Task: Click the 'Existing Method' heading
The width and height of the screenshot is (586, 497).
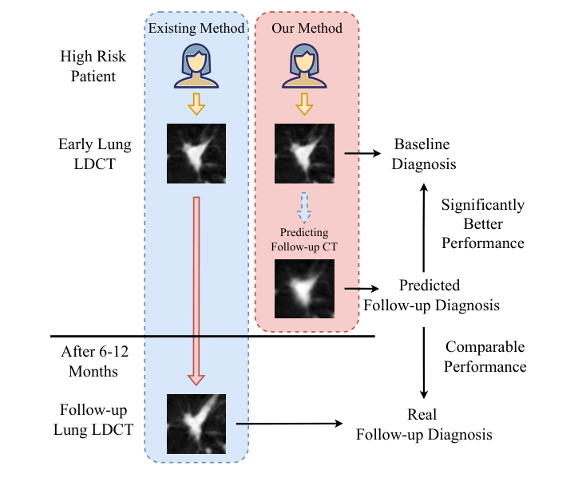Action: [x=196, y=29]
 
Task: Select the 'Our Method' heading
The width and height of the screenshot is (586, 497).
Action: [x=307, y=29]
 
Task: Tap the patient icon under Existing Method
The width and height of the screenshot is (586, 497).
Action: [x=196, y=65]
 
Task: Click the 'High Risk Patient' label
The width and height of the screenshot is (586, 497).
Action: [x=88, y=66]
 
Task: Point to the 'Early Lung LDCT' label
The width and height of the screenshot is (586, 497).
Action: [x=88, y=154]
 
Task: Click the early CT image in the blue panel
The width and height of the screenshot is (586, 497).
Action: [x=196, y=154]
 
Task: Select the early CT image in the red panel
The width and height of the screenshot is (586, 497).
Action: [x=304, y=154]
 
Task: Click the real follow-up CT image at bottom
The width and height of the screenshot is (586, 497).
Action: [x=196, y=424]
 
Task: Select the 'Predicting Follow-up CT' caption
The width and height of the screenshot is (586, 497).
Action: [x=304, y=239]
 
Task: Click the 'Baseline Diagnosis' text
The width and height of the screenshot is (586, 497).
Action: [x=424, y=154]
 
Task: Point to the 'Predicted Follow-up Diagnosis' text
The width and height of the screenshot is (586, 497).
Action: [x=431, y=295]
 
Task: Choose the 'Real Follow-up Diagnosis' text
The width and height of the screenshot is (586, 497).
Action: [x=423, y=425]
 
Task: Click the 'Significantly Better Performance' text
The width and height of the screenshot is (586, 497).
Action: [x=482, y=223]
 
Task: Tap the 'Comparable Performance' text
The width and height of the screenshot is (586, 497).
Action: [x=485, y=357]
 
